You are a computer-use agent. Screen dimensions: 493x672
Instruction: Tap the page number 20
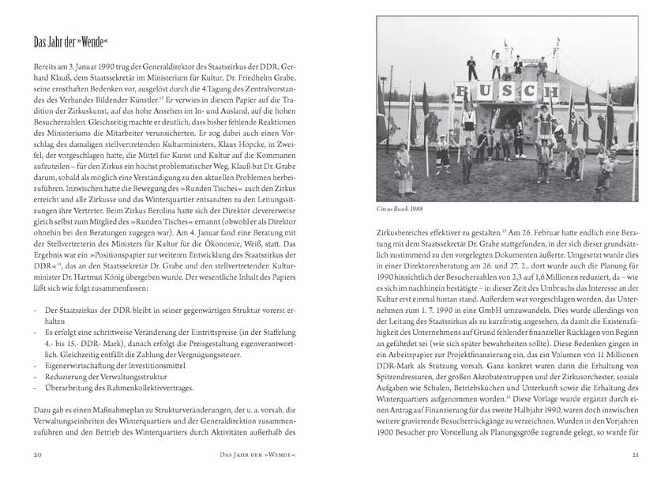click(37, 455)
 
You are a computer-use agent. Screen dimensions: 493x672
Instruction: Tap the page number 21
click(634, 455)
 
